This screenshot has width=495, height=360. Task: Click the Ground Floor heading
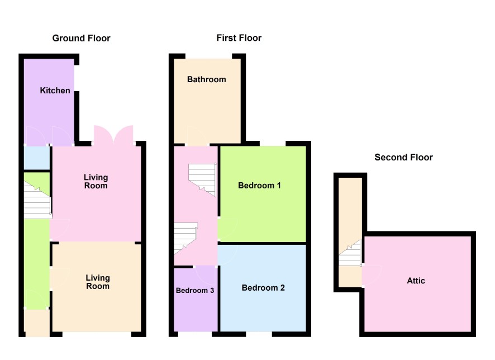pos(81,38)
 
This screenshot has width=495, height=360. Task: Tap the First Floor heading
pos(239,38)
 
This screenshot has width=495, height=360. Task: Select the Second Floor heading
pos(403,157)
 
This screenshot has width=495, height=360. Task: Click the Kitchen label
pos(55,91)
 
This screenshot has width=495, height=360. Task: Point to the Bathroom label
pos(207,79)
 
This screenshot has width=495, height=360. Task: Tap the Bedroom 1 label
pos(259,186)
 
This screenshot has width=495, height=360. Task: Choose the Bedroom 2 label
pos(263,288)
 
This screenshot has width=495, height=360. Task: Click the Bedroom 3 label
pos(195,291)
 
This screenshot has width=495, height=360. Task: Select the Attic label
pos(416,281)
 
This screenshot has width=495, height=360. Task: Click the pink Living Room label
pos(96,182)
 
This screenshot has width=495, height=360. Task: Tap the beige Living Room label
pos(98,282)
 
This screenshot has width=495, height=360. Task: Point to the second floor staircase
pos(350,253)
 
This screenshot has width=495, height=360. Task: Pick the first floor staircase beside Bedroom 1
pos(202,179)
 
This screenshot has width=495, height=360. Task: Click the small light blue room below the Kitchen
pos(37,158)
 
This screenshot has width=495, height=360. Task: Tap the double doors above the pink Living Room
pos(113,135)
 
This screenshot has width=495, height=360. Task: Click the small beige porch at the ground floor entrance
pos(37,323)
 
